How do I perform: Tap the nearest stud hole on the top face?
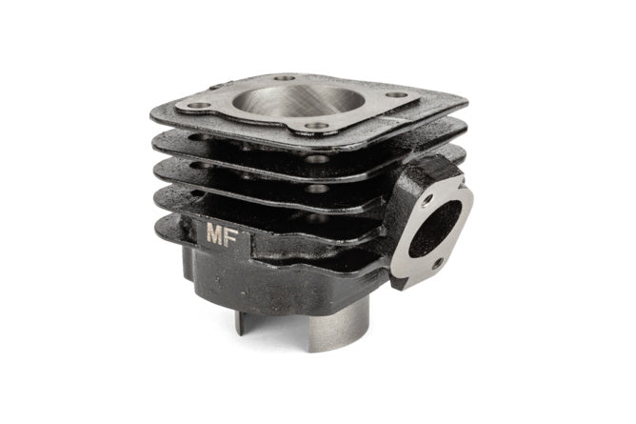317,126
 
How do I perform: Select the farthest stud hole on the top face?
285,78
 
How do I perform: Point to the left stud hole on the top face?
200,106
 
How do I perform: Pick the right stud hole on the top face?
397,95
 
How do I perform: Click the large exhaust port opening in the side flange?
434,229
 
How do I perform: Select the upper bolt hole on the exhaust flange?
427,200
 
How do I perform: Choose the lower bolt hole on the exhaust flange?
437,264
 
